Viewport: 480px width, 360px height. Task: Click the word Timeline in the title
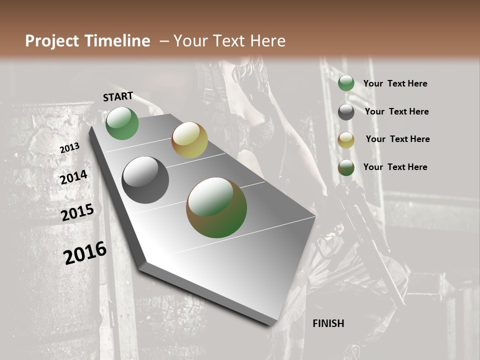(x=118, y=41)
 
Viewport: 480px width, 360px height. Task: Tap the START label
(x=118, y=96)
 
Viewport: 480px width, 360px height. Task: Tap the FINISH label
(x=328, y=323)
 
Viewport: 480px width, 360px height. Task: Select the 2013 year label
(x=69, y=148)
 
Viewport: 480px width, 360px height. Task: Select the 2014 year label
(x=74, y=177)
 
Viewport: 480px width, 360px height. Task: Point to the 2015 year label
(x=77, y=212)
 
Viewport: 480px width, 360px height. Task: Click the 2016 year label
(x=85, y=253)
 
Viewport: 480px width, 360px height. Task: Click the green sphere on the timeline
(x=122, y=123)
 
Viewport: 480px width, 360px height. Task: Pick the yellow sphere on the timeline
(x=189, y=140)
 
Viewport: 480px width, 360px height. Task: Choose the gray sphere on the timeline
(x=145, y=180)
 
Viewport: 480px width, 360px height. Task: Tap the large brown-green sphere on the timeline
(x=216, y=207)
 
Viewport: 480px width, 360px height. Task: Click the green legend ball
(x=346, y=83)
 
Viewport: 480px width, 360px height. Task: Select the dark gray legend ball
(x=346, y=112)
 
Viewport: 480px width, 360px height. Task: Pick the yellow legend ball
(x=346, y=140)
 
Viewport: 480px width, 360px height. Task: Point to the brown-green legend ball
(x=346, y=167)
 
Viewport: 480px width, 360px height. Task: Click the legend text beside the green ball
(x=395, y=84)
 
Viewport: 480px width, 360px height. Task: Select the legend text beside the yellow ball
(x=398, y=139)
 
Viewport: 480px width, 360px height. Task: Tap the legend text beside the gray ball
(x=397, y=111)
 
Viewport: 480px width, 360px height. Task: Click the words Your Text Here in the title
(x=229, y=41)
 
